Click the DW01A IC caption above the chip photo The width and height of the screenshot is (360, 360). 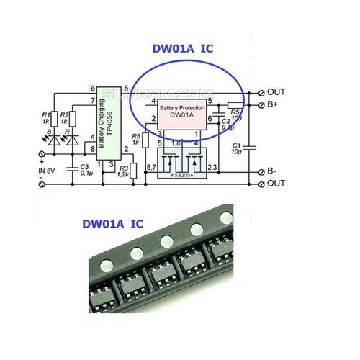pos(104,224)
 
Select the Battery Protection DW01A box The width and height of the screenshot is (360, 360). pos(181,113)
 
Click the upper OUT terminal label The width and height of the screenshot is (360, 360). pos(276,92)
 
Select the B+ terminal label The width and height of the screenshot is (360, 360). pos(274,105)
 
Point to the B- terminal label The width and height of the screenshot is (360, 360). pos(273,171)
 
